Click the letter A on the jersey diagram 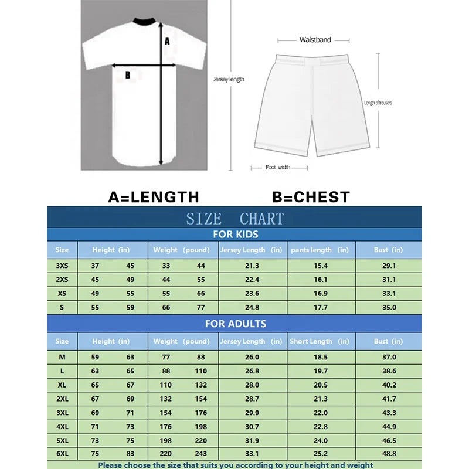(x=167, y=41)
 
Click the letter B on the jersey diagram (x=127, y=74)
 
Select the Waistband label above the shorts (x=315, y=40)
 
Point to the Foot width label (x=278, y=168)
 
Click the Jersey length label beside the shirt (x=229, y=79)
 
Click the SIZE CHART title (x=235, y=219)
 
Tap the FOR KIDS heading (x=235, y=235)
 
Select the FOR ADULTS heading (x=235, y=324)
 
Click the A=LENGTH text (x=154, y=197)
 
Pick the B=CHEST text (x=311, y=197)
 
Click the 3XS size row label (x=62, y=266)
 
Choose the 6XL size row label (x=62, y=453)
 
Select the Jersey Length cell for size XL (x=252, y=385)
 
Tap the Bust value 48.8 (x=389, y=453)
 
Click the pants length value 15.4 (x=321, y=266)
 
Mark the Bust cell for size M (x=389, y=357)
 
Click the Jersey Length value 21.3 (x=252, y=266)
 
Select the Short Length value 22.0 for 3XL (x=321, y=413)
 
